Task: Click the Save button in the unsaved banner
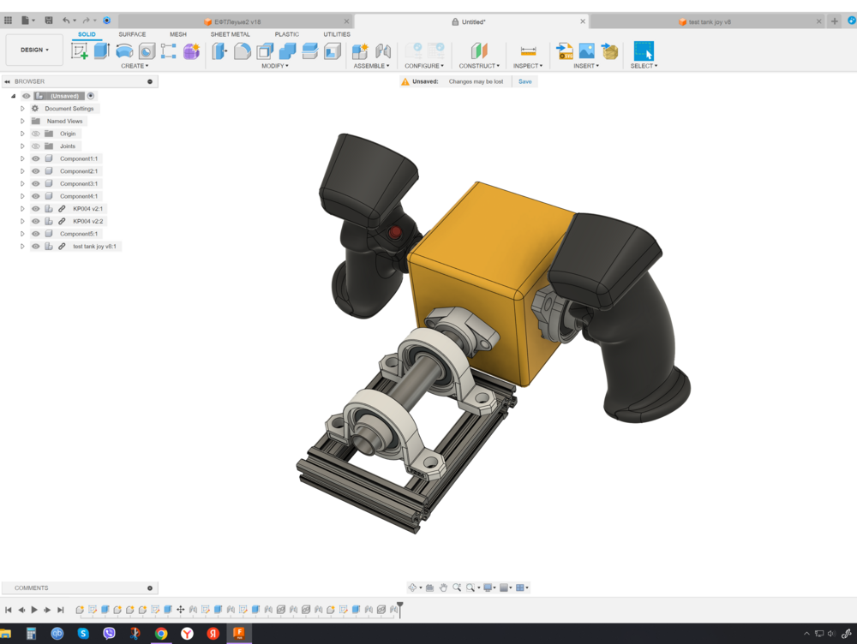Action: pyautogui.click(x=524, y=81)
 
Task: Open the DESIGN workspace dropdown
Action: pyautogui.click(x=34, y=50)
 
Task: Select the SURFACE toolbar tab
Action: pyautogui.click(x=132, y=34)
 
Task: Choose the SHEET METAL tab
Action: pyautogui.click(x=230, y=34)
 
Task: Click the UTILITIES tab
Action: pyautogui.click(x=337, y=34)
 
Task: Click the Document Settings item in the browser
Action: pyautogui.click(x=69, y=109)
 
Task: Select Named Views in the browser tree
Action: pyautogui.click(x=64, y=122)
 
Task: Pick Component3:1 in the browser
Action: pyautogui.click(x=79, y=183)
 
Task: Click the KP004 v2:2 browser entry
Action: pyautogui.click(x=87, y=221)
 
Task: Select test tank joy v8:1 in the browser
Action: pyautogui.click(x=93, y=247)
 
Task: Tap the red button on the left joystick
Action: pyautogui.click(x=396, y=232)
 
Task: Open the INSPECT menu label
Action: pyautogui.click(x=528, y=66)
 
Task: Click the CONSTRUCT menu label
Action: pyautogui.click(x=478, y=66)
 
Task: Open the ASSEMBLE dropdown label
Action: pyautogui.click(x=371, y=66)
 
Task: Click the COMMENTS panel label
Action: pyautogui.click(x=32, y=588)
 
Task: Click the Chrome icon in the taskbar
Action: pyautogui.click(x=161, y=634)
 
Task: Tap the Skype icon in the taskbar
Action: pyautogui.click(x=83, y=634)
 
